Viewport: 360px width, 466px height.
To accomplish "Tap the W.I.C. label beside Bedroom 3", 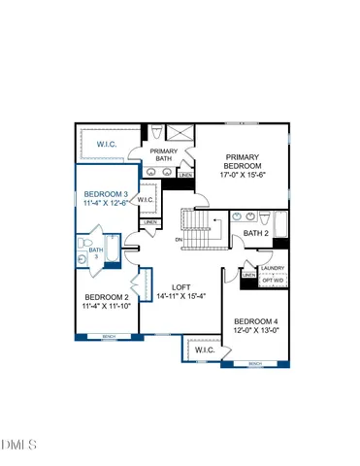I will [147, 200].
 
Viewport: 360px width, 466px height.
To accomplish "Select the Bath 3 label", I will [95, 255].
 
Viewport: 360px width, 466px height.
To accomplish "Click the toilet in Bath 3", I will [86, 244].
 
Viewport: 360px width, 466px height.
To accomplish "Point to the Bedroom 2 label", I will [106, 297].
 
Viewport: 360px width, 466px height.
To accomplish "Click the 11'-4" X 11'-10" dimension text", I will [106, 307].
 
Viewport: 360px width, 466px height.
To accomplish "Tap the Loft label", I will [181, 287].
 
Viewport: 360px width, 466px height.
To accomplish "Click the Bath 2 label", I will [255, 233].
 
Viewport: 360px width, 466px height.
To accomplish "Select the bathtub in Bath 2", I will [280, 225].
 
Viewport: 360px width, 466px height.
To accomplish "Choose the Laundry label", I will [272, 268].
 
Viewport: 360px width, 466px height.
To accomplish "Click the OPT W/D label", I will [273, 280].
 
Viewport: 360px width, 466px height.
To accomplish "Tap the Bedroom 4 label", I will [255, 321].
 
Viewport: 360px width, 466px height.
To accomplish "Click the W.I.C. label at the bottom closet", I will [205, 349].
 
